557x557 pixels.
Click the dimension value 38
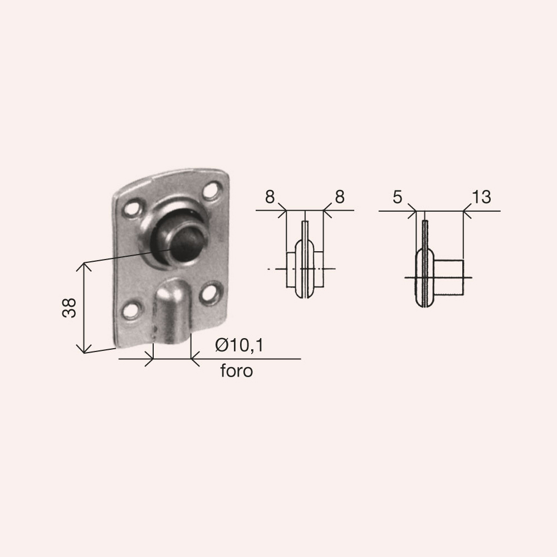coord(69,307)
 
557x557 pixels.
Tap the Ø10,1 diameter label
coord(238,346)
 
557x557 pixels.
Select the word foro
coord(236,371)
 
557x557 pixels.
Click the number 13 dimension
coord(481,197)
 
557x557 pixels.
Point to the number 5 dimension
coord(397,197)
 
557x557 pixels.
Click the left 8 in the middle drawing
coord(270,197)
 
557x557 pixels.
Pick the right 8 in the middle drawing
coord(339,197)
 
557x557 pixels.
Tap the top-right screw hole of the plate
coord(211,191)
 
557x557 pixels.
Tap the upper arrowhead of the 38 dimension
coord(84,266)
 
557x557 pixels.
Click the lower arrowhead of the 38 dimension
coord(84,349)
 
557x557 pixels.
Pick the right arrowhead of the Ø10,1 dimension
coord(194,359)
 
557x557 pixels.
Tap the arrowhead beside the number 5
coord(414,211)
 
